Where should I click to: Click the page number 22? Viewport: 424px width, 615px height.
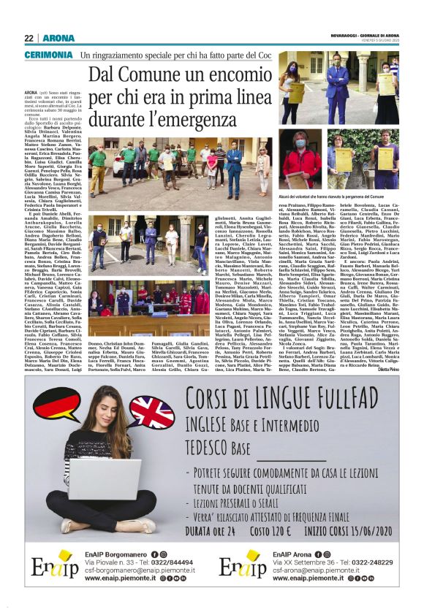tap(29, 38)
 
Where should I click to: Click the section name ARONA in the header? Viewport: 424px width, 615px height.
tap(58, 38)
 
